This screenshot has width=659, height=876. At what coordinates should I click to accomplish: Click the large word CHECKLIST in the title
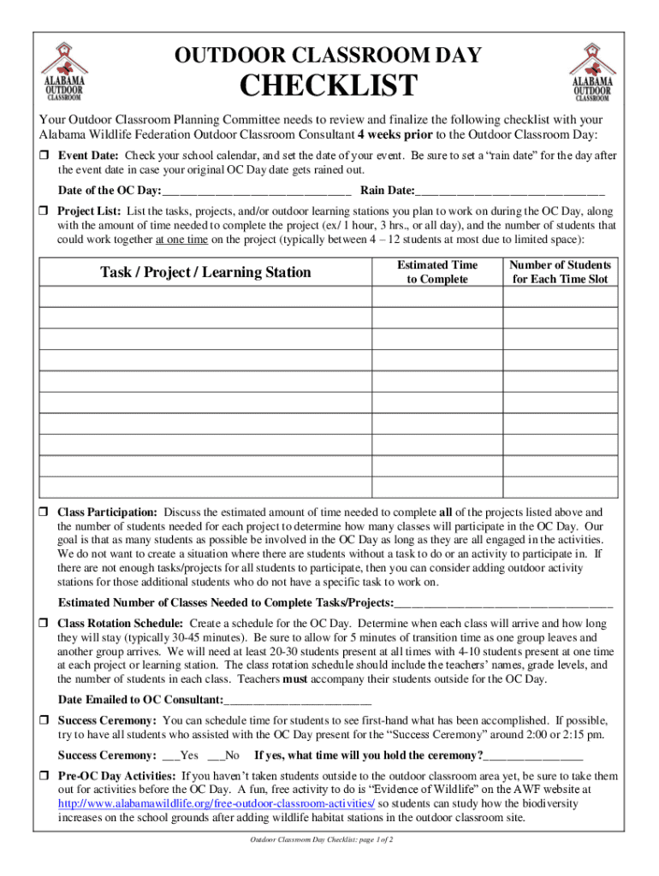pos(329,86)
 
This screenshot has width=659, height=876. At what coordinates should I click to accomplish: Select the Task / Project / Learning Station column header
pos(205,272)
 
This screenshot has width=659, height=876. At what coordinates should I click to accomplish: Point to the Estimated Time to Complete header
pos(437,272)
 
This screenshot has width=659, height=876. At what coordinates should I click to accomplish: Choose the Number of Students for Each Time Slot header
pos(560,272)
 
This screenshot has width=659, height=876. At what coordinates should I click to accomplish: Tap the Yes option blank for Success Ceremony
pos(169,756)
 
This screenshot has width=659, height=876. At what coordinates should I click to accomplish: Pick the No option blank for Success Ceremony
pos(214,756)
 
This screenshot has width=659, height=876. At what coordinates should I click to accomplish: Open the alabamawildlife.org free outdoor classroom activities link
pos(216,804)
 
